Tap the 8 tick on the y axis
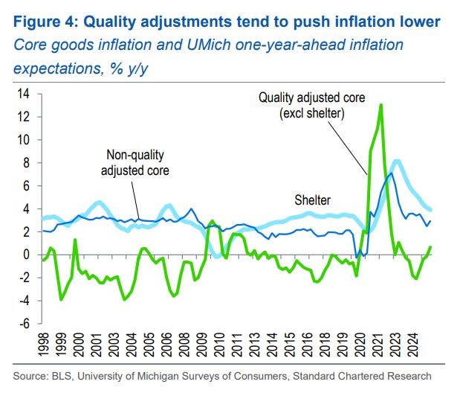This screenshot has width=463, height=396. tap(26, 162)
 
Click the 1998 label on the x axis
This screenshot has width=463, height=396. tap(45, 347)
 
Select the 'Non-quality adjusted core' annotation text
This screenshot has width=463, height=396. tap(135, 162)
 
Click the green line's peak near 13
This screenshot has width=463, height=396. tap(381, 105)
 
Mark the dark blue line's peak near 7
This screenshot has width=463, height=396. tap(391, 173)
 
